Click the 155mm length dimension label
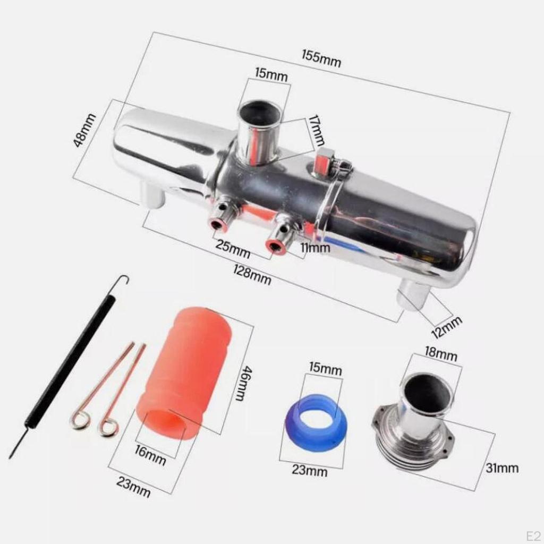[321, 58]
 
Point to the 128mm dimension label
[252, 275]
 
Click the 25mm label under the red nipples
[232, 249]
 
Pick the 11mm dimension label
[315, 248]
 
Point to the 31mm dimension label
[501, 468]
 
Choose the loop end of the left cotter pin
[80, 422]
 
